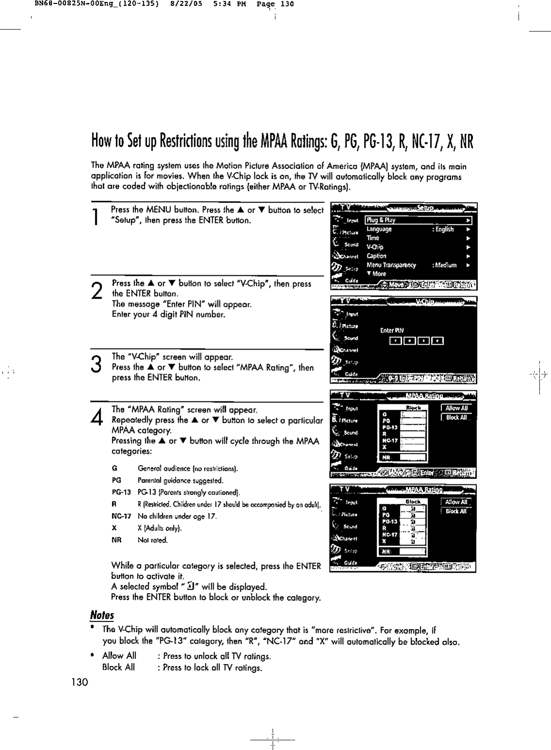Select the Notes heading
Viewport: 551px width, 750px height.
pyautogui.click(x=102, y=615)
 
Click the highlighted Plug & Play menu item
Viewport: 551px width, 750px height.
pyautogui.click(x=381, y=220)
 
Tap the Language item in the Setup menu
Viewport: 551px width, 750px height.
pyautogui.click(x=379, y=229)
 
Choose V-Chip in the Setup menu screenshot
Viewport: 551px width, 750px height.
pyautogui.click(x=375, y=247)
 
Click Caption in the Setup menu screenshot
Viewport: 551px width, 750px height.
pyautogui.click(x=377, y=256)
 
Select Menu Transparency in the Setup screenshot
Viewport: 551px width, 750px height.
pyautogui.click(x=391, y=265)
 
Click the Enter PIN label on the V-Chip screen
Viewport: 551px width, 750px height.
pyautogui.click(x=388, y=331)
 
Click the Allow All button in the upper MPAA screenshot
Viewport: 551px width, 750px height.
pyautogui.click(x=456, y=408)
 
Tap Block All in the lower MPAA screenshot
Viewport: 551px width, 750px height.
pyautogui.click(x=456, y=511)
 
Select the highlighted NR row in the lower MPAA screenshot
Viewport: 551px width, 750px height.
pyautogui.click(x=401, y=551)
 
